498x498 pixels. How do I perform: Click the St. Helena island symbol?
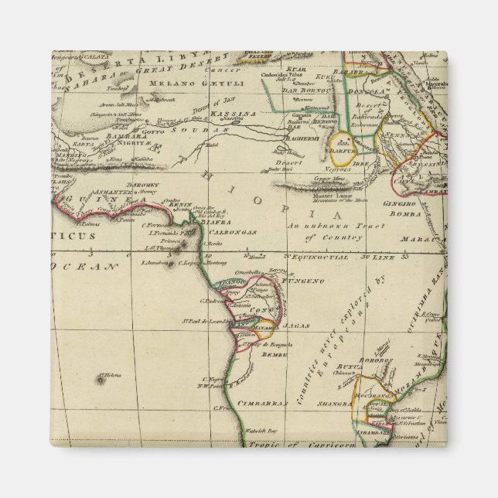pos(101,379)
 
